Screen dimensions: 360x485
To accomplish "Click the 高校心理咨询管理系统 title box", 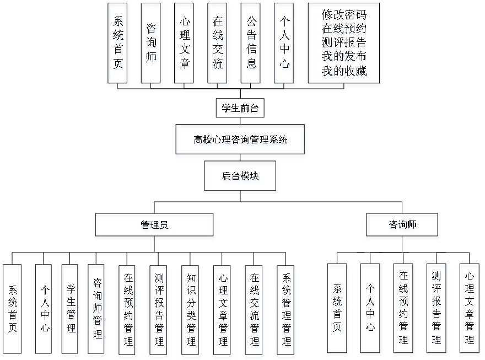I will click(x=240, y=141).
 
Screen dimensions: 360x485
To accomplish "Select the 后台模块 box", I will click(x=241, y=178).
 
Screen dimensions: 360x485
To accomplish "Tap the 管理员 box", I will click(x=155, y=227).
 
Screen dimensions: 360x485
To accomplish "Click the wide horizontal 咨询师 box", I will click(x=402, y=226).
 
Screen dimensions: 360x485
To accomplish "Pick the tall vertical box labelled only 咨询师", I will click(x=151, y=45).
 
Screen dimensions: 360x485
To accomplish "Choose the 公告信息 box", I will click(x=251, y=45).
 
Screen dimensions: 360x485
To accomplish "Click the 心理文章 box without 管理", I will click(x=185, y=45).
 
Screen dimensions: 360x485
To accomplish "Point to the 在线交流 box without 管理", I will click(x=219, y=45).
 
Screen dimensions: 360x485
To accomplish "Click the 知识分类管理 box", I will click(x=191, y=311).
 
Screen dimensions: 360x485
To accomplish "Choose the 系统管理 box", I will click(x=286, y=311).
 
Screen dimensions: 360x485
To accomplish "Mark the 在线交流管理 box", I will click(x=254, y=311).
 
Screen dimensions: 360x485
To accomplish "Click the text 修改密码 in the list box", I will click(x=344, y=16).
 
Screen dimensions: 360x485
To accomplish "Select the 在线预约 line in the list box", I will click(x=344, y=30).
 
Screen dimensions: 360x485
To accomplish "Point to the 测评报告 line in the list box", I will click(x=344, y=44).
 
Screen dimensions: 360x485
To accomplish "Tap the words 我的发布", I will click(x=344, y=57).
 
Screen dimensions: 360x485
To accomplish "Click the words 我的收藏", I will click(x=344, y=72).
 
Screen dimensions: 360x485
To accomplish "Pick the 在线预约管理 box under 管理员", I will click(x=128, y=311).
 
